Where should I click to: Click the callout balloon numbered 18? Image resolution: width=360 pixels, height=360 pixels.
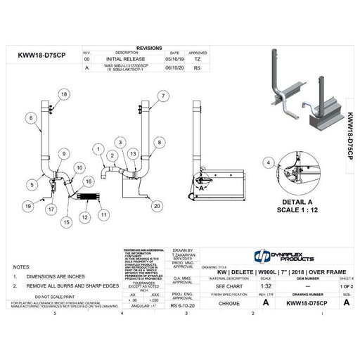(x=64, y=94)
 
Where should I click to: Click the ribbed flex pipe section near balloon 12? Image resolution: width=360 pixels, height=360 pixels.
(x=86, y=199)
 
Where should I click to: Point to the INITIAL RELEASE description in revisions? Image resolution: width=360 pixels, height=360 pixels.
(x=127, y=59)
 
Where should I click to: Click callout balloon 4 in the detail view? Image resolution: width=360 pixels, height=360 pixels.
(x=267, y=163)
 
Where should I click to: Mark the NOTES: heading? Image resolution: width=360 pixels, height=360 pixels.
(x=22, y=267)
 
